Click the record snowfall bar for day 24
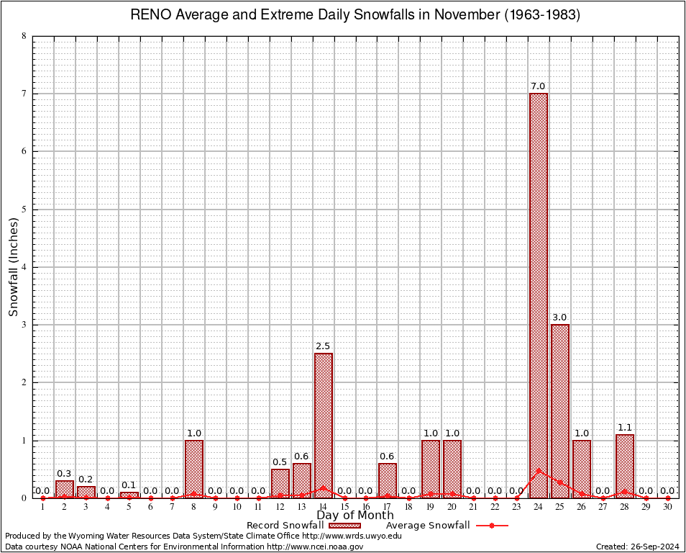pos(539,295)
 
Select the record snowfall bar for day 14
pos(324,425)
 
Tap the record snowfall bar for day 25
pos(560,410)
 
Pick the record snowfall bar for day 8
pos(194,468)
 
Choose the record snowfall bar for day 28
pos(625,466)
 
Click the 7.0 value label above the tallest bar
pos(538,86)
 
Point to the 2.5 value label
pos(323,346)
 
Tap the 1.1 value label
pos(624,428)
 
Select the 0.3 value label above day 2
pos(64,473)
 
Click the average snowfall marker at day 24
pos(539,470)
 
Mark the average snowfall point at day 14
pos(324,487)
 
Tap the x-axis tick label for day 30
pos(667,507)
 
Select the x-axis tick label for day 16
pos(366,507)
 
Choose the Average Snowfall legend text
pos(422,526)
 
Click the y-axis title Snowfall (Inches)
pos(14,266)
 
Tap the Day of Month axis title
pos(355,516)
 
